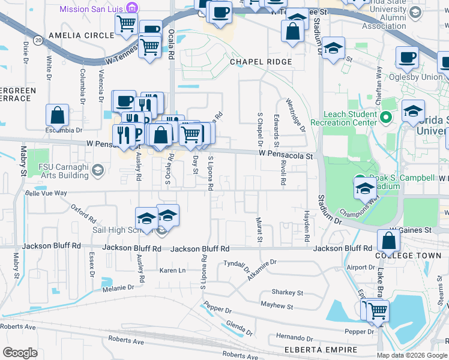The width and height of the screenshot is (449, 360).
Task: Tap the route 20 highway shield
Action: pos(38,40)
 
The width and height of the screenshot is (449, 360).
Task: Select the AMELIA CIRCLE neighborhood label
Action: pos(82,35)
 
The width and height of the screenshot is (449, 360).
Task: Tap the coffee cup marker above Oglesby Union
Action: pos(408,58)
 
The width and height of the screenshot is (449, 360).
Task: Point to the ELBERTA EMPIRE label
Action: pos(313,349)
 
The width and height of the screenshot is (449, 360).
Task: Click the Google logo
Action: pos(20,352)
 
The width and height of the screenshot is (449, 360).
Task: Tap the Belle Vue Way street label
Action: pos(46,193)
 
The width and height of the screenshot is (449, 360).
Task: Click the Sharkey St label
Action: pos(286,292)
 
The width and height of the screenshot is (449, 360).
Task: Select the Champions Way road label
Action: pos(354,212)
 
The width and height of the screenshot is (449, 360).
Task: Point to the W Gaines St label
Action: pos(411,230)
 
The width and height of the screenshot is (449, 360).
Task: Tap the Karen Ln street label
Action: pos(172,271)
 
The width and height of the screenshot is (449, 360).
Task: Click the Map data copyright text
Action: pos(411,355)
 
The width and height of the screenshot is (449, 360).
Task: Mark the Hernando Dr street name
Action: pos(295,338)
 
